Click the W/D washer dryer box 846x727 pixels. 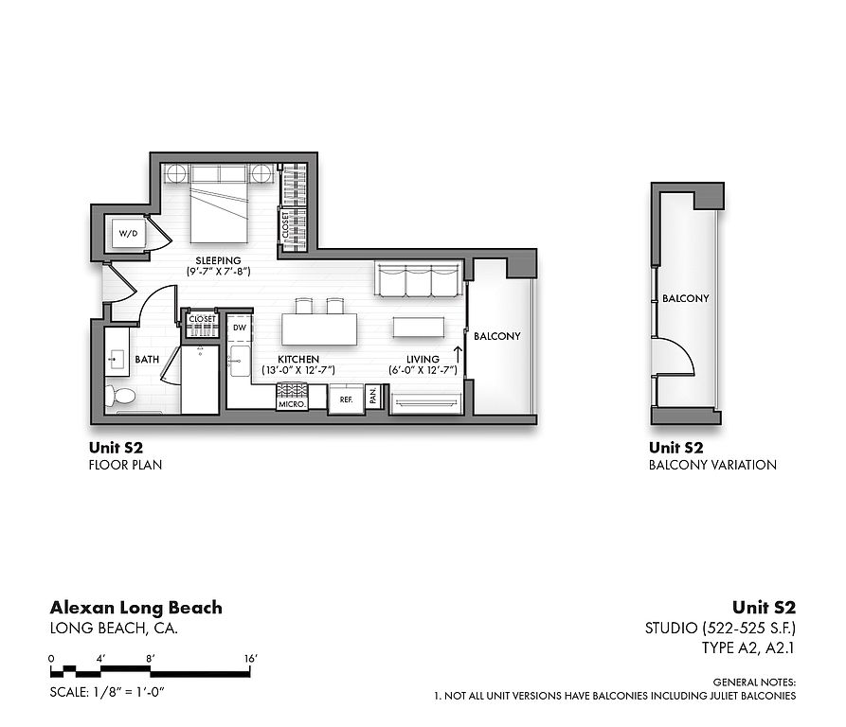129,234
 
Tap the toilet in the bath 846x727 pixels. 119,396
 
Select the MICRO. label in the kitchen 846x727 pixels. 292,404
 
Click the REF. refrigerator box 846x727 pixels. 347,399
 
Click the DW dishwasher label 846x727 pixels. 240,328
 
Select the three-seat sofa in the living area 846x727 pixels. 419,279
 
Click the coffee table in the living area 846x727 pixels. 419,328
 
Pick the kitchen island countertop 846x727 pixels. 319,328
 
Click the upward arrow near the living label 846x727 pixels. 459,355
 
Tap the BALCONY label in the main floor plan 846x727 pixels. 497,336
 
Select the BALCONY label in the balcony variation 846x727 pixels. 685,298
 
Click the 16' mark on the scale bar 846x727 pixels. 250,659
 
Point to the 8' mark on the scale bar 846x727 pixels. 151,659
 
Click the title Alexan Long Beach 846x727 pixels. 136,608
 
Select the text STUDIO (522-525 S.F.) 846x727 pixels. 720,628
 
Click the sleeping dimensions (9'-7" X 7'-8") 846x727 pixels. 219,272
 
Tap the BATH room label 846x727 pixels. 147,360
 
